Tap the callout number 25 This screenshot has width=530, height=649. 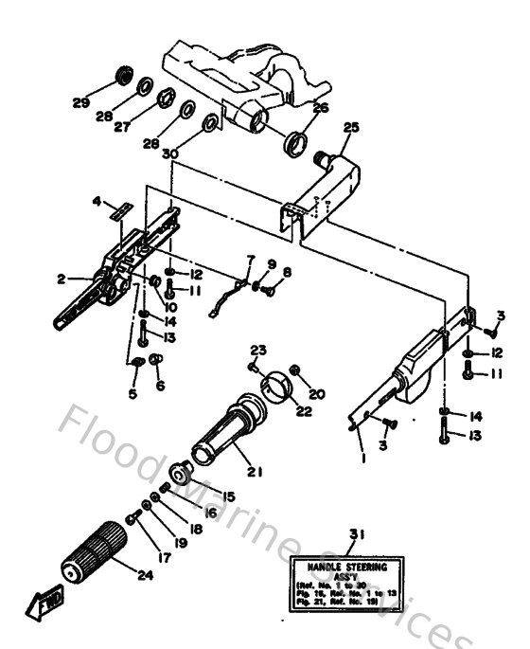pos(351,126)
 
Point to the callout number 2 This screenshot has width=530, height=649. pos(61,279)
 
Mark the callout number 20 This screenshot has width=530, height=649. pos(316,394)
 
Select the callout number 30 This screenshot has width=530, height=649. pos(170,153)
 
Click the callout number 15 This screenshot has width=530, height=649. pos(226,496)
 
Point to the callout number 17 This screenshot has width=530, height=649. pos(165,558)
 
